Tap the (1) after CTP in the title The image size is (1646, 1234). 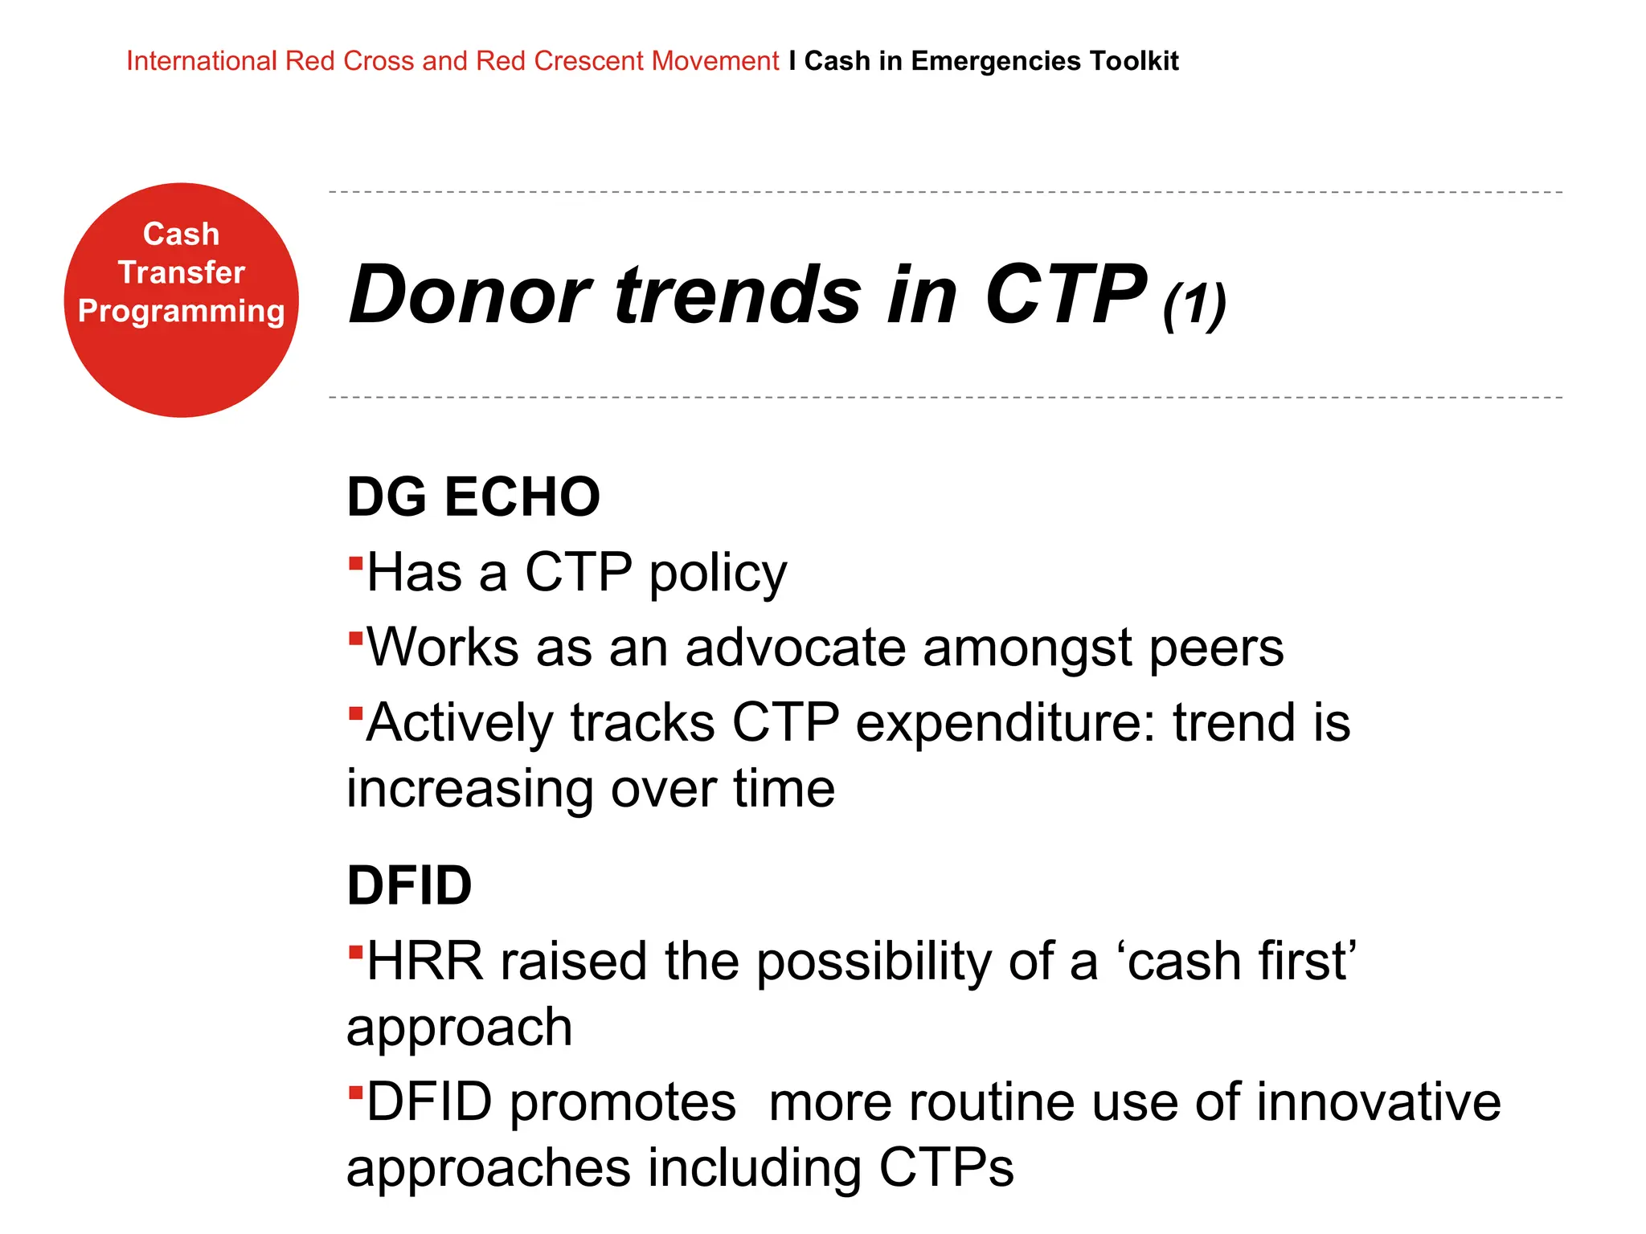(x=1194, y=305)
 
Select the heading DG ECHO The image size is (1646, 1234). (x=473, y=496)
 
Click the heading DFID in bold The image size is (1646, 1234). (x=409, y=885)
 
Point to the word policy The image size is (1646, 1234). (x=718, y=574)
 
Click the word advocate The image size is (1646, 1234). (x=795, y=648)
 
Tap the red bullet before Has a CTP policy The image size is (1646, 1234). (x=355, y=562)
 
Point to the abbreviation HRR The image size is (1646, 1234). (x=425, y=961)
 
